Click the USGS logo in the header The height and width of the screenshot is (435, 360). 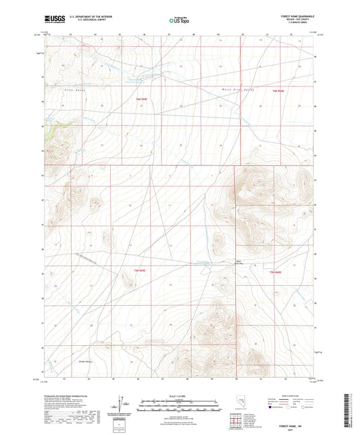point(51,20)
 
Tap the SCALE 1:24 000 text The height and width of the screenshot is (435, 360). point(179,396)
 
